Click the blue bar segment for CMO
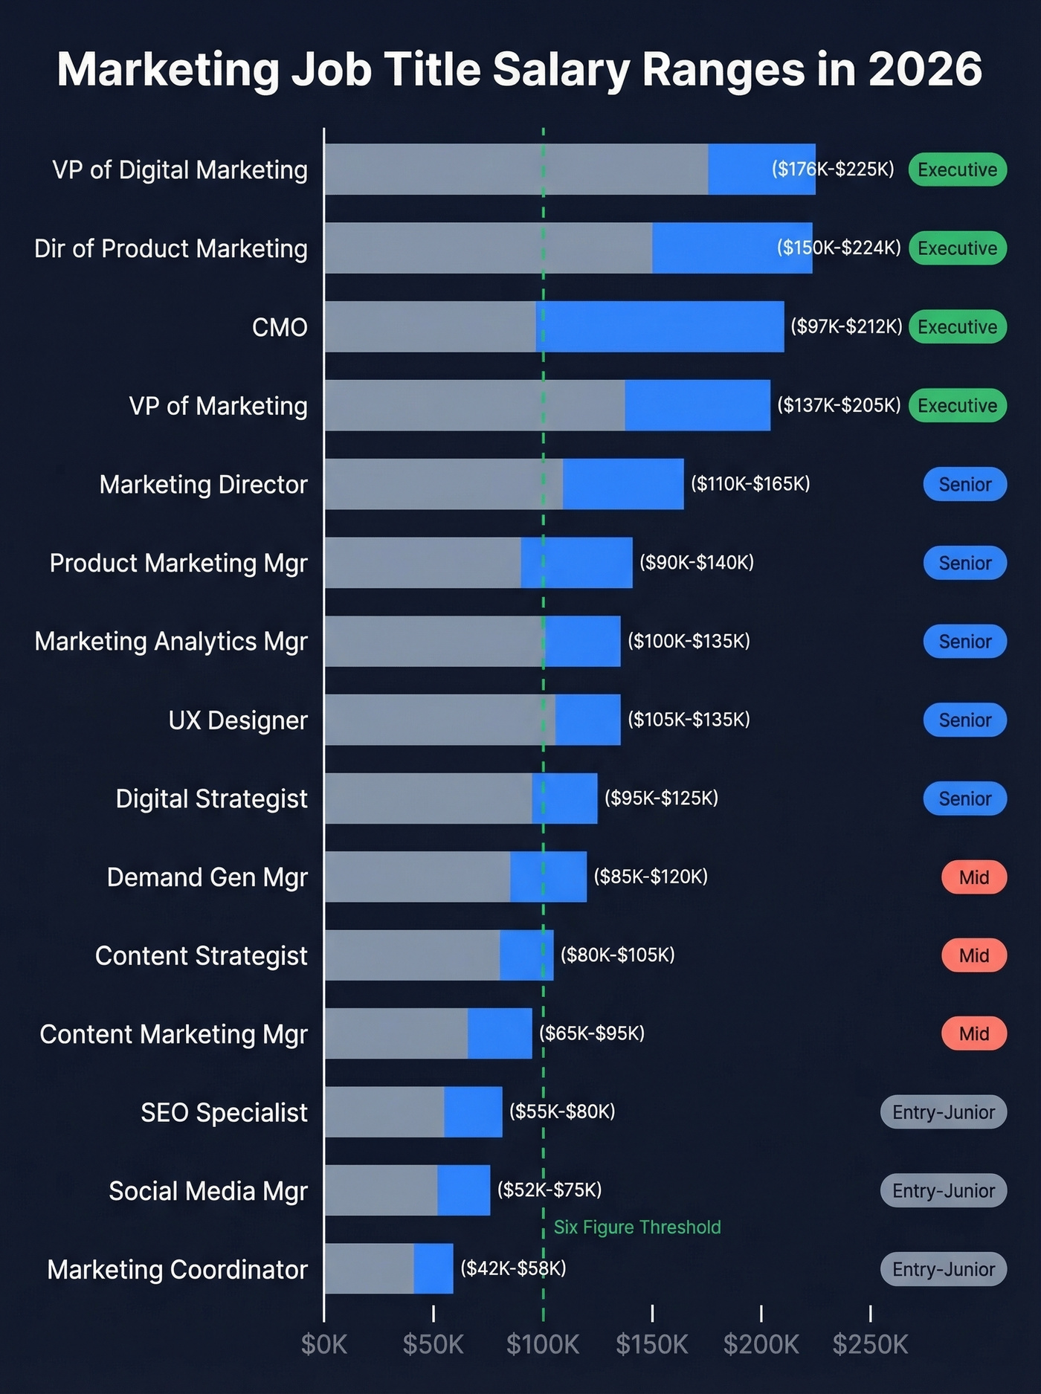pyautogui.click(x=660, y=326)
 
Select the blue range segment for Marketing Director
pyautogui.click(x=623, y=484)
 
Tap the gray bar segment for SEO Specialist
pyautogui.click(x=384, y=1112)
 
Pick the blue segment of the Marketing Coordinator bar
pyautogui.click(x=434, y=1269)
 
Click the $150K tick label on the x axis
pyautogui.click(x=652, y=1344)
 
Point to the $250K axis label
pyautogui.click(x=870, y=1344)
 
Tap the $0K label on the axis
pyautogui.click(x=324, y=1344)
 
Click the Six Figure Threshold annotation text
pyautogui.click(x=637, y=1227)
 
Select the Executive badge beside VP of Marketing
pyautogui.click(x=957, y=405)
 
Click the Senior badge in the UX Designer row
pyautogui.click(x=964, y=720)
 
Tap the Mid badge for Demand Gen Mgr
pyautogui.click(x=973, y=877)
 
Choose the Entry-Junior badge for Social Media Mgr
pyautogui.click(x=943, y=1191)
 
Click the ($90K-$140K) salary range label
pyautogui.click(x=697, y=563)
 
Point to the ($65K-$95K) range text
pyautogui.click(x=591, y=1033)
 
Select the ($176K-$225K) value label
pyautogui.click(x=833, y=170)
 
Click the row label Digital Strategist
pyautogui.click(x=211, y=798)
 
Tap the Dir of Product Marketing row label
pyautogui.click(x=170, y=248)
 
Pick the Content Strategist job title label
pyautogui.click(x=201, y=955)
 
